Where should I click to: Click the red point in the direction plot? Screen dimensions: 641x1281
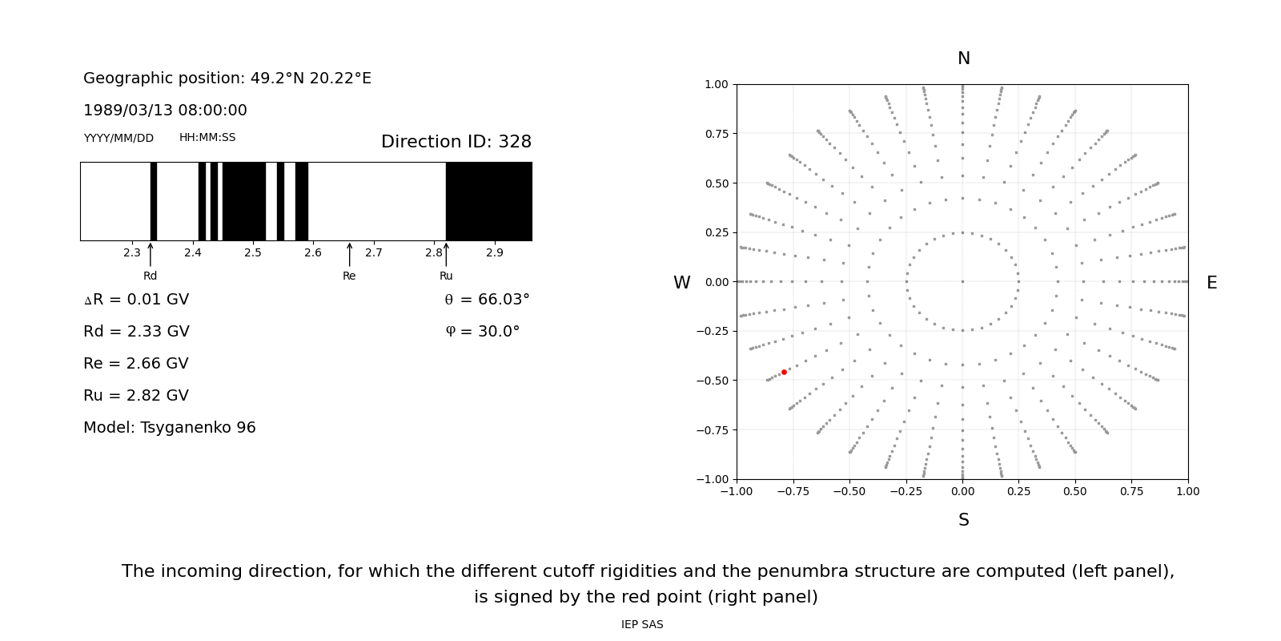[784, 372]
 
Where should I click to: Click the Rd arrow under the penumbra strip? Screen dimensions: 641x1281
[151, 255]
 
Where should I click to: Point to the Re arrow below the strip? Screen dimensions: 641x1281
[349, 255]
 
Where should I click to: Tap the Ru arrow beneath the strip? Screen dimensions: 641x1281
[446, 255]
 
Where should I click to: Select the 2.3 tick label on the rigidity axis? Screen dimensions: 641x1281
[132, 253]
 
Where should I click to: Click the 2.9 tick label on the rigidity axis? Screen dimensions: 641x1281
[495, 253]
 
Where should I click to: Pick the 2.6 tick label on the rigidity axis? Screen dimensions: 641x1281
[313, 253]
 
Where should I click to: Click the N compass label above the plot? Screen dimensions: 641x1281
[963, 58]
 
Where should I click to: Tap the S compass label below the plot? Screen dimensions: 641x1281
[963, 520]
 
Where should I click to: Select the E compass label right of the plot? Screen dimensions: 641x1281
[1211, 283]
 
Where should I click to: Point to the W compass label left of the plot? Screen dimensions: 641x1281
[681, 283]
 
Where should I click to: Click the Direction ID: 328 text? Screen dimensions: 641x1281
[456, 142]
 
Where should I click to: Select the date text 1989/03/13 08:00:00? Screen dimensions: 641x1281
[165, 111]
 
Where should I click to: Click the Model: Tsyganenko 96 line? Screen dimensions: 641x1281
[170, 428]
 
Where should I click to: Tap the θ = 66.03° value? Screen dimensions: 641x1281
[487, 300]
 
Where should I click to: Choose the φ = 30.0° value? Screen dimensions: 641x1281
[483, 332]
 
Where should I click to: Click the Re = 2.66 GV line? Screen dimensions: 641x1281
[136, 364]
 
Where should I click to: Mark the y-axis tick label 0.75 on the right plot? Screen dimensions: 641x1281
[716, 134]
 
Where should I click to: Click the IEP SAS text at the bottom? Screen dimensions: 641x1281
[642, 624]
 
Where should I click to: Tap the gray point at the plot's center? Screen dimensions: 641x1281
[962, 281]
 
